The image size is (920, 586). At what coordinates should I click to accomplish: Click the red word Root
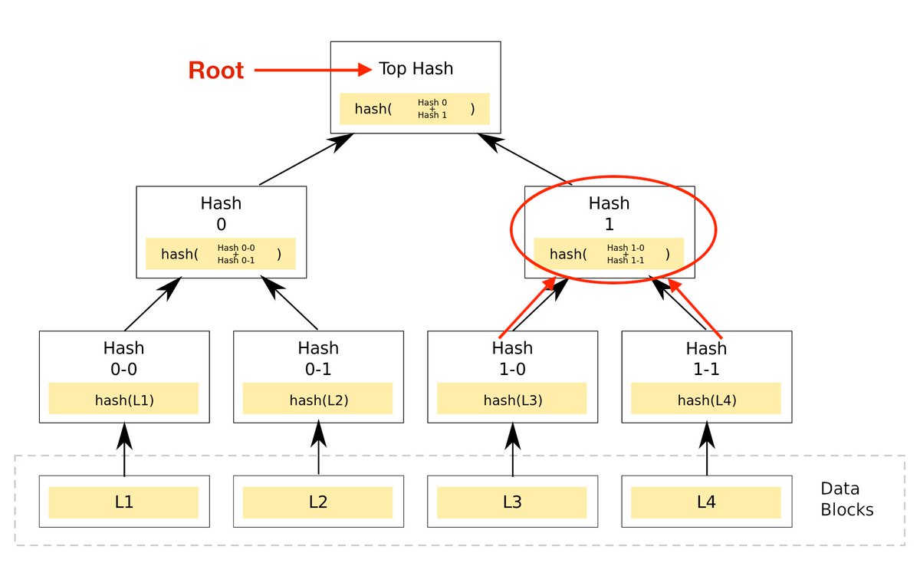[x=216, y=71]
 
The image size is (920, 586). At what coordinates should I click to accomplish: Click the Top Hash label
[x=416, y=69]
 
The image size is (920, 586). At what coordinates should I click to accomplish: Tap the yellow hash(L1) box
[x=123, y=399]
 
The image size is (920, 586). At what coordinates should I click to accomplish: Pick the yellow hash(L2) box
[x=317, y=399]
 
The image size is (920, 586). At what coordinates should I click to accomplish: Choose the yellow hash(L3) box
[x=511, y=399]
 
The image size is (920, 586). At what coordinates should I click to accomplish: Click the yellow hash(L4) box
[x=705, y=399]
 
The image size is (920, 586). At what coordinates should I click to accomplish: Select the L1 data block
[x=123, y=502]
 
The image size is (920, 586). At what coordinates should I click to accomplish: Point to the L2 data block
[x=317, y=502]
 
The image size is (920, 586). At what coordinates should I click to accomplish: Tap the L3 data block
[x=511, y=502]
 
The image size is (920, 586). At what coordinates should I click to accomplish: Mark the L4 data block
[x=705, y=502]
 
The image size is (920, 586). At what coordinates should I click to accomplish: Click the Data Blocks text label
[x=846, y=499]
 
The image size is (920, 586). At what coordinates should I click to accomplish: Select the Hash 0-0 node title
[x=123, y=358]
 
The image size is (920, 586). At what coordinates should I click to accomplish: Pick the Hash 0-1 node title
[x=317, y=358]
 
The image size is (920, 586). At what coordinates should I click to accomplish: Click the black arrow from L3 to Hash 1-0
[x=512, y=449]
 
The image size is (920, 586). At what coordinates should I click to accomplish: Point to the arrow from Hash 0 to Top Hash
[x=307, y=159]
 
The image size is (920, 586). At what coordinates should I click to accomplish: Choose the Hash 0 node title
[x=221, y=213]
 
